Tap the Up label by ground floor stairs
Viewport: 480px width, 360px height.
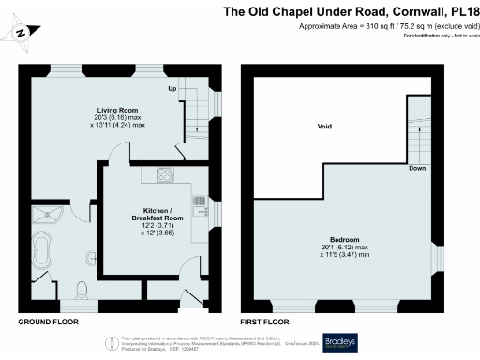pyautogui.click(x=172, y=89)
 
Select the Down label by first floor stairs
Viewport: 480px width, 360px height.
pyautogui.click(x=417, y=170)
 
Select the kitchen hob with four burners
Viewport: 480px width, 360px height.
pyautogui.click(x=165, y=174)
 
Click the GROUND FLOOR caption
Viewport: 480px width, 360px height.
pyautogui.click(x=47, y=322)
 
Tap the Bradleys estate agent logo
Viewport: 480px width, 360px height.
pyautogui.click(x=340, y=341)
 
